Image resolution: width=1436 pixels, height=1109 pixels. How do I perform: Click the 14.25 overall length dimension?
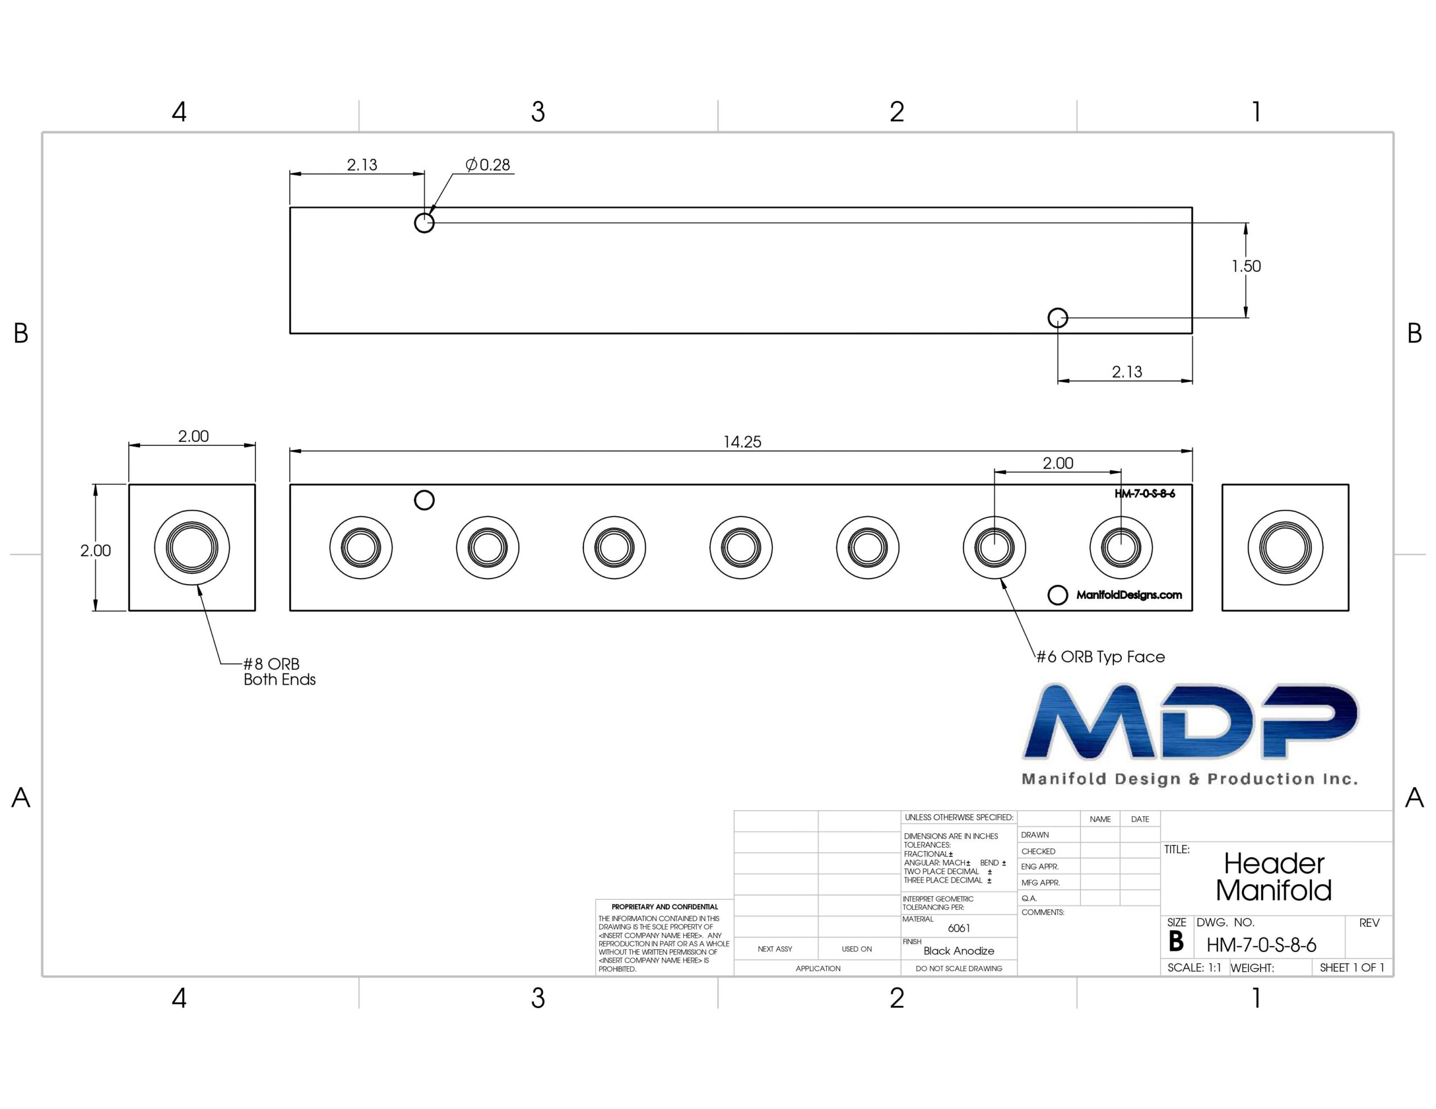pyautogui.click(x=742, y=442)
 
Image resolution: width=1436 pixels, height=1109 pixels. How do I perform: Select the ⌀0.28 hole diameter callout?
pyautogui.click(x=488, y=164)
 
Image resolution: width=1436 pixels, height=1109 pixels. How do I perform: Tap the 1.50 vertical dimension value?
pyautogui.click(x=1246, y=266)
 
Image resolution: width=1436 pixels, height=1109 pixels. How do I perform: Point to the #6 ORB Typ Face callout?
pyautogui.click(x=1101, y=657)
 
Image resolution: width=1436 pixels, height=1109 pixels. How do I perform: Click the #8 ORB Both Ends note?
pyautogui.click(x=279, y=671)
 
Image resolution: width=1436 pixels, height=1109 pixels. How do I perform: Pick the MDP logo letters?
pyautogui.click(x=1191, y=722)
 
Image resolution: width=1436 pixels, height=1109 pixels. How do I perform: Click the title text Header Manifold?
pyautogui.click(x=1273, y=876)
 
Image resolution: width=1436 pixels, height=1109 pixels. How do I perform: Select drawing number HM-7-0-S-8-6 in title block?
pyautogui.click(x=1261, y=945)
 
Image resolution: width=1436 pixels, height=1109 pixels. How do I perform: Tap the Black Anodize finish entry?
pyautogui.click(x=959, y=950)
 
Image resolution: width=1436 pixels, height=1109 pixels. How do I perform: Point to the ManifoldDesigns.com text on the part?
pyautogui.click(x=1129, y=595)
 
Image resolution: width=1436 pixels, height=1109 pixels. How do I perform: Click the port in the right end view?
pyautogui.click(x=1285, y=548)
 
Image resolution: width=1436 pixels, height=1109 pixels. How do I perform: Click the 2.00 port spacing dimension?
pyautogui.click(x=1058, y=464)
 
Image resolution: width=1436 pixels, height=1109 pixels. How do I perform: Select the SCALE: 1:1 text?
pyautogui.click(x=1194, y=968)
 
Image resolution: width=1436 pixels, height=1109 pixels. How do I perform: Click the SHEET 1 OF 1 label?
pyautogui.click(x=1352, y=968)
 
